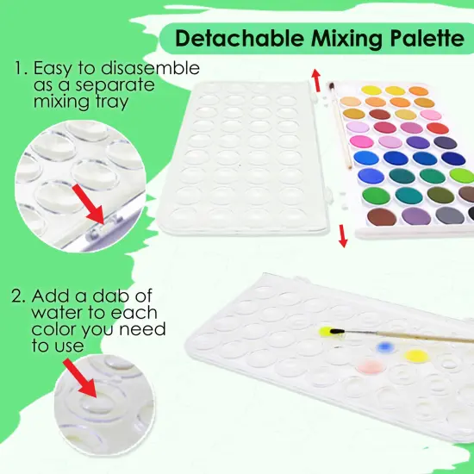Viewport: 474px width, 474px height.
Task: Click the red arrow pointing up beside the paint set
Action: pyautogui.click(x=317, y=83)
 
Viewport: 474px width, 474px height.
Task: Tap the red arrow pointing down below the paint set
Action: pyautogui.click(x=342, y=235)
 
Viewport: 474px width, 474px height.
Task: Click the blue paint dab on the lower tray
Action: pyautogui.click(x=387, y=347)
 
